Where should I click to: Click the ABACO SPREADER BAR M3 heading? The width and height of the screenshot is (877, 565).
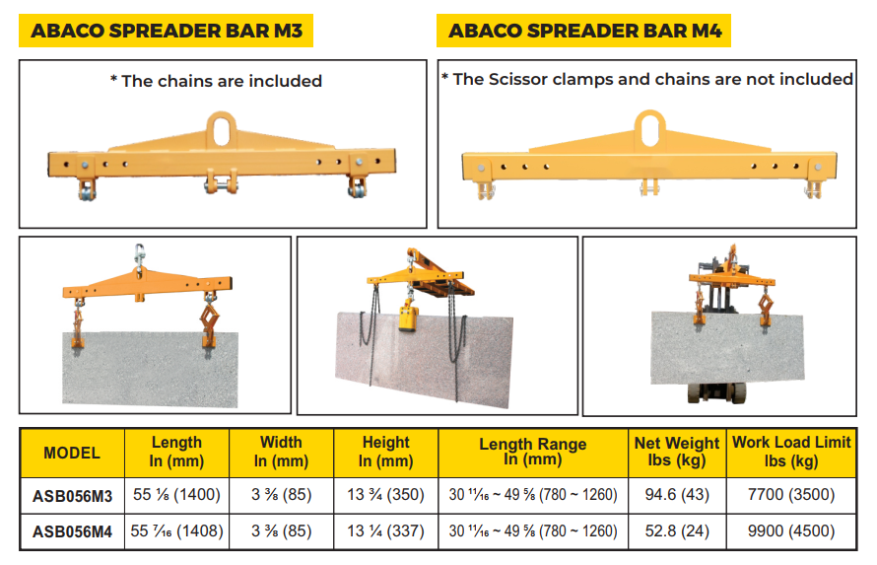coord(167,31)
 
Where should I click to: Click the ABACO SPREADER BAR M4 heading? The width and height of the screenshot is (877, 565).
coord(584,31)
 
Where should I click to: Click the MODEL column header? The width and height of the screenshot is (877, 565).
coord(72,454)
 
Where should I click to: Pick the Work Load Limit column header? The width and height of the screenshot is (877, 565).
coord(791,452)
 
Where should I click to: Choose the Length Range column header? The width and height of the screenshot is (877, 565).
coord(533,452)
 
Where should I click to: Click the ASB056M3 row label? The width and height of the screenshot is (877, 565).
coord(72,496)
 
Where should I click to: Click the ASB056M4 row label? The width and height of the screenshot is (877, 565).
coord(72,531)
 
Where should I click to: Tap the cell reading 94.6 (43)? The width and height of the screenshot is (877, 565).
coord(677,495)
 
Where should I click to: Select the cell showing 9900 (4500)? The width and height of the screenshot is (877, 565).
coord(791,530)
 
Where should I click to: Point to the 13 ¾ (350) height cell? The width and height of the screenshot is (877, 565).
coord(385,495)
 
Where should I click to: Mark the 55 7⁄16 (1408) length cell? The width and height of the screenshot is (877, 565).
coord(176,530)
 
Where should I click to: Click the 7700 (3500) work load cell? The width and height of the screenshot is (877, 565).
coord(791,495)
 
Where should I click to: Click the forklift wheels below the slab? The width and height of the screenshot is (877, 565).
coord(717,392)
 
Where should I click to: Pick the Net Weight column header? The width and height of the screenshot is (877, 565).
coord(677,452)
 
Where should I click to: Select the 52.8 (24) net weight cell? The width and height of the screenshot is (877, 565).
coord(677,530)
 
